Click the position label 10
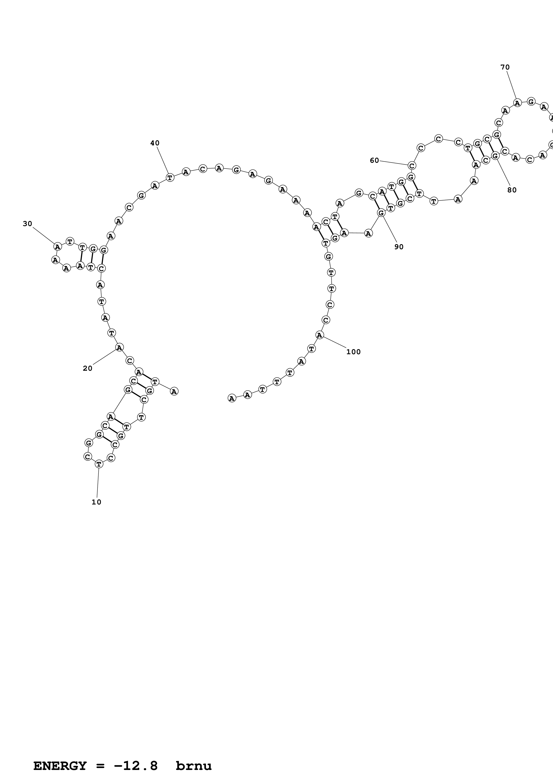pos(96,502)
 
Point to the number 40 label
pos(155,143)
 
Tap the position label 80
pos(512,190)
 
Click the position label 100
pos(353,352)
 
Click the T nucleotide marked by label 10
pos(99,463)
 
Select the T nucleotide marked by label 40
pos(170,177)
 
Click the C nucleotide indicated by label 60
pos(412,166)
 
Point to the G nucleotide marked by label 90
pos(381,213)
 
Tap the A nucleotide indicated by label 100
pos(319,335)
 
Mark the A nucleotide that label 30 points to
pos(58,246)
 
